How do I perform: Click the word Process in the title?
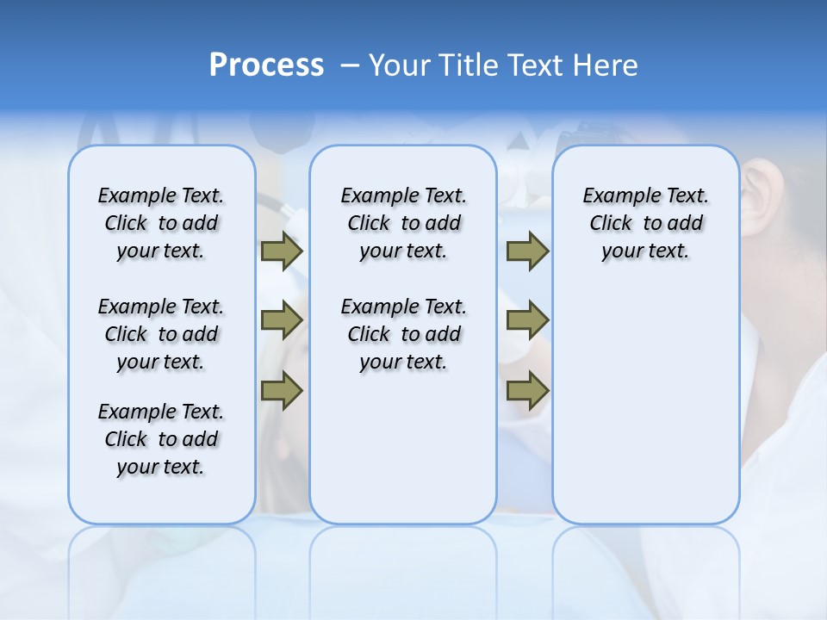point(266,65)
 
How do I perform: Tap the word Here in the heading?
point(606,65)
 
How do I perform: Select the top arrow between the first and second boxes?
point(282,251)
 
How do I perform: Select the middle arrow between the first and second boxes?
point(282,320)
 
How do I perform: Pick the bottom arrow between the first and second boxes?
point(282,390)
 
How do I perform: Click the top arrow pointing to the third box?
point(527,251)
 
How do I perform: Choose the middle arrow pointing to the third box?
point(527,320)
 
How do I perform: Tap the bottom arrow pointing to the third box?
point(527,390)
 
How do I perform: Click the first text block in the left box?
point(161,223)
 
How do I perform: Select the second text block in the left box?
point(161,334)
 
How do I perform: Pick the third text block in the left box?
point(161,439)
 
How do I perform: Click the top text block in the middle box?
point(403,223)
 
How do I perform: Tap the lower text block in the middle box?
point(403,334)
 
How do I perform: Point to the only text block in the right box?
point(645,223)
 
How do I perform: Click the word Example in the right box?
point(615,196)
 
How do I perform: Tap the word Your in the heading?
point(400,65)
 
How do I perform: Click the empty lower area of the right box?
point(645,405)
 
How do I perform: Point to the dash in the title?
point(350,65)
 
